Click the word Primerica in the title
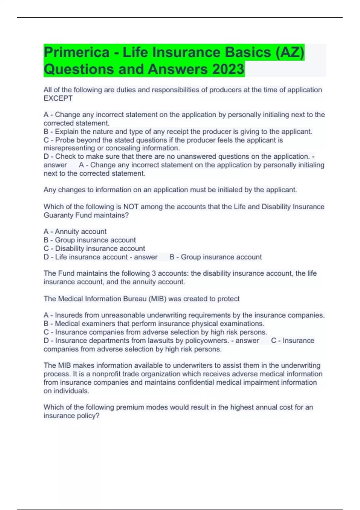76,52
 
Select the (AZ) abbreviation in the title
289,52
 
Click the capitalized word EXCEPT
58,98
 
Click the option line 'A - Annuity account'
75,232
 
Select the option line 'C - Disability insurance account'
94,248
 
